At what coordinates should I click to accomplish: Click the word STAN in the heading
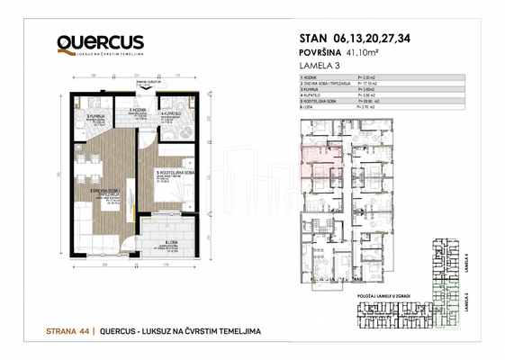click(316, 38)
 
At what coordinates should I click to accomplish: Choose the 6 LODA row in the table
click(311, 108)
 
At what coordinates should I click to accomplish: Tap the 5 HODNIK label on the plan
click(138, 110)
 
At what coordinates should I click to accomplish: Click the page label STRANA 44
click(70, 331)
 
